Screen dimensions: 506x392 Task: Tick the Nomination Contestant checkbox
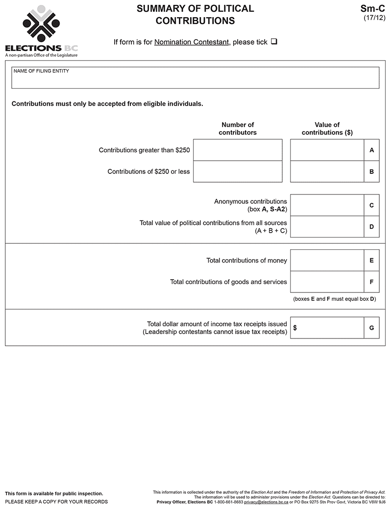pos(274,42)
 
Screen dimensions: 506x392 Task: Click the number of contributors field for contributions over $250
pos(238,150)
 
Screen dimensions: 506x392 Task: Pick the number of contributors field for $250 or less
pos(238,171)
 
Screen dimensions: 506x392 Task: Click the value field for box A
pos(327,150)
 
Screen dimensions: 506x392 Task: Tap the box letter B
pos(372,172)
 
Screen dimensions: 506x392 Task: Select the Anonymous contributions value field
pos(327,205)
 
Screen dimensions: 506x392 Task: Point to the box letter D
pos(372,227)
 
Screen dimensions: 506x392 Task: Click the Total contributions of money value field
pos(327,261)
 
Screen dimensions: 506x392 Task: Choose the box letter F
pos(372,282)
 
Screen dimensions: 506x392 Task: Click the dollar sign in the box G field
pos(295,328)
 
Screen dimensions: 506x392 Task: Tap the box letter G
pos(372,328)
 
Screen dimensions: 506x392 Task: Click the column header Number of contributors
pos(238,128)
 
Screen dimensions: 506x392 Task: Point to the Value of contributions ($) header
pos(327,128)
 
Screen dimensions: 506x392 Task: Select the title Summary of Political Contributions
pos(195,15)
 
